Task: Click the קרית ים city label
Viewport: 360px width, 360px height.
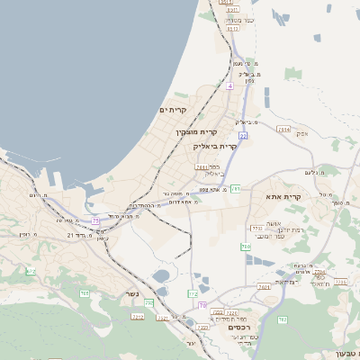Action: (172, 110)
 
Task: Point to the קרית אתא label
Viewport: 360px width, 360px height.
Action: (283, 196)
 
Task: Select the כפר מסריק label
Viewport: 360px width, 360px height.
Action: (239, 19)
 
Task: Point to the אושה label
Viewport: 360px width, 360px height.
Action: (275, 223)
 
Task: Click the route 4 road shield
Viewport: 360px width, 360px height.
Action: (230, 85)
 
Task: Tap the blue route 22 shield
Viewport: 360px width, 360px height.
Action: (243, 135)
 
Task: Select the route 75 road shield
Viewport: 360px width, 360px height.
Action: (96, 220)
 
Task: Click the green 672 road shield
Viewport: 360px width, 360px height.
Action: (31, 271)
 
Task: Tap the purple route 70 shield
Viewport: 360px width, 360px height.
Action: (202, 306)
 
